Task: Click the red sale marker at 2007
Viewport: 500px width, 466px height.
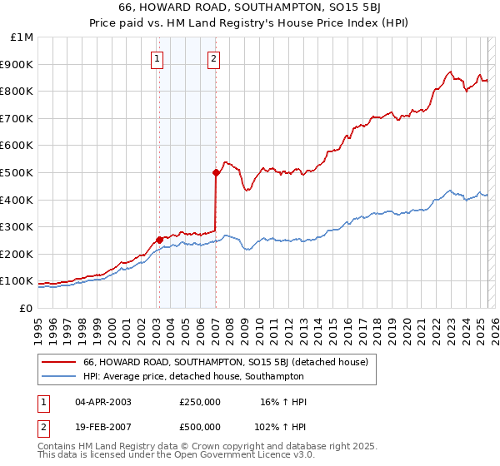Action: click(x=216, y=173)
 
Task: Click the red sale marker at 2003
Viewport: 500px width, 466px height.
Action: click(x=159, y=240)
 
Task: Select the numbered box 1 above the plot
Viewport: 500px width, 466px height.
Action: click(x=157, y=58)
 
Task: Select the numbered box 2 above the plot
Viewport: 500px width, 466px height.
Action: click(x=214, y=58)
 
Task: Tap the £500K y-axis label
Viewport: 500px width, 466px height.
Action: click(x=17, y=173)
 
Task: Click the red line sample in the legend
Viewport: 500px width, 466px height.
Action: click(x=59, y=362)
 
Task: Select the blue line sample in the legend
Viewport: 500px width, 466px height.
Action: click(x=59, y=376)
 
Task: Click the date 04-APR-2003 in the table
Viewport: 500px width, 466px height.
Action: click(x=102, y=402)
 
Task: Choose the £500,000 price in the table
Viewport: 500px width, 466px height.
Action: click(x=200, y=427)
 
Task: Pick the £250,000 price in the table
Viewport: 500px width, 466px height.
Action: click(x=200, y=402)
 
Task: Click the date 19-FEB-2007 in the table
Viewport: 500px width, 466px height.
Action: click(x=102, y=427)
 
